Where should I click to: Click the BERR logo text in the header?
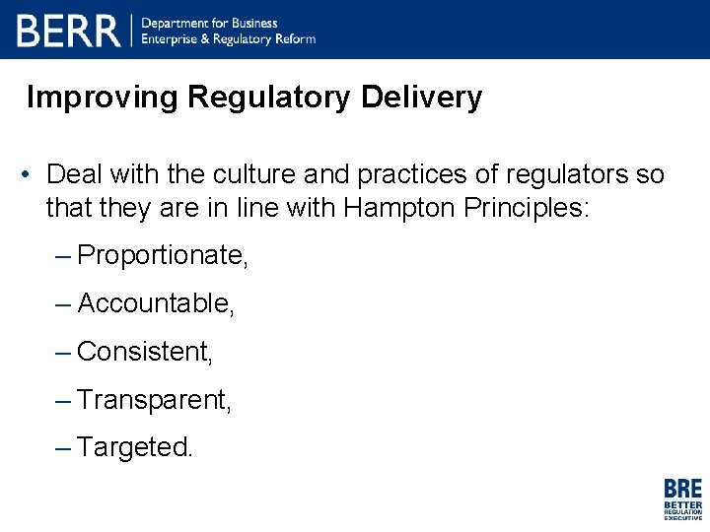coord(68,31)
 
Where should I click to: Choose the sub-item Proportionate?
coord(163,256)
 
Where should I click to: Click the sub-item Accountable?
coord(156,303)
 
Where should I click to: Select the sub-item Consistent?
coord(145,351)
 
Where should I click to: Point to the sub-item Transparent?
coord(154,399)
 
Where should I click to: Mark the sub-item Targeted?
coord(135,447)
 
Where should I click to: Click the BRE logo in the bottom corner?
coord(682,499)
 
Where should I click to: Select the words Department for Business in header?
coord(210,23)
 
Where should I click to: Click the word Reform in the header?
coord(295,39)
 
